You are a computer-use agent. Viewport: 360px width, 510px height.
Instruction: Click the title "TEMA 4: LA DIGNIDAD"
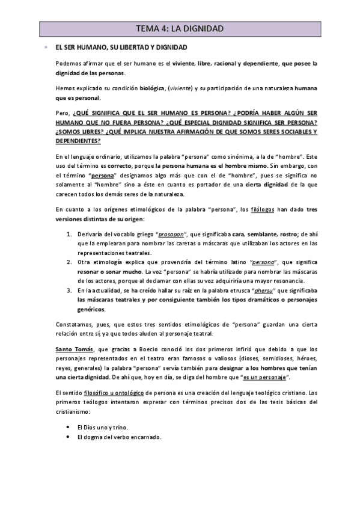[180, 28]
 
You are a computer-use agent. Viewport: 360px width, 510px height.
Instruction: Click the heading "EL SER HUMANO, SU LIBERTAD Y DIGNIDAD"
[121, 47]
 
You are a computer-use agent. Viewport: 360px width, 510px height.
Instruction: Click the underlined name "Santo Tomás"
[72, 349]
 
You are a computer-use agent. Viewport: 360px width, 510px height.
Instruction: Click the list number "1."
[69, 233]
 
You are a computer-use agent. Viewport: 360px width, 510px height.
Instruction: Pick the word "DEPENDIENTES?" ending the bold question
[78, 140]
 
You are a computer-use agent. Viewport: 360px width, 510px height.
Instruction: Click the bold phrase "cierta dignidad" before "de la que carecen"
[237, 185]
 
